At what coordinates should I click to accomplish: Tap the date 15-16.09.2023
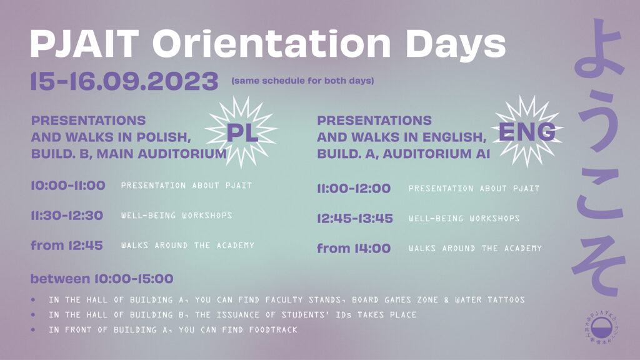(124, 81)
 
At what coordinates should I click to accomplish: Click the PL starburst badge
(242, 131)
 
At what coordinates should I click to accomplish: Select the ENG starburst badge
(527, 131)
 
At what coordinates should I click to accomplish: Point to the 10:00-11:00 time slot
(68, 185)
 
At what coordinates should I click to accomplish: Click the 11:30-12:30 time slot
(67, 215)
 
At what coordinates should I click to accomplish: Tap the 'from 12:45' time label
(67, 245)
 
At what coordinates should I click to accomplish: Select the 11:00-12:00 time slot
(354, 188)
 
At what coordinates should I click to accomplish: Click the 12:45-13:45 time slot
(355, 218)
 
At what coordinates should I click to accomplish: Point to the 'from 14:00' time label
(354, 248)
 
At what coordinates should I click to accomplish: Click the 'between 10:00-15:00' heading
(102, 279)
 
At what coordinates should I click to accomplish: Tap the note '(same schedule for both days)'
(302, 81)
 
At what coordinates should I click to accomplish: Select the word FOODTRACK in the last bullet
(273, 330)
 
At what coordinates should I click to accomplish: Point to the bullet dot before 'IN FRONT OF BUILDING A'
(33, 330)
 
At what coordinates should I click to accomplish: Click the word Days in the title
(456, 44)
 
